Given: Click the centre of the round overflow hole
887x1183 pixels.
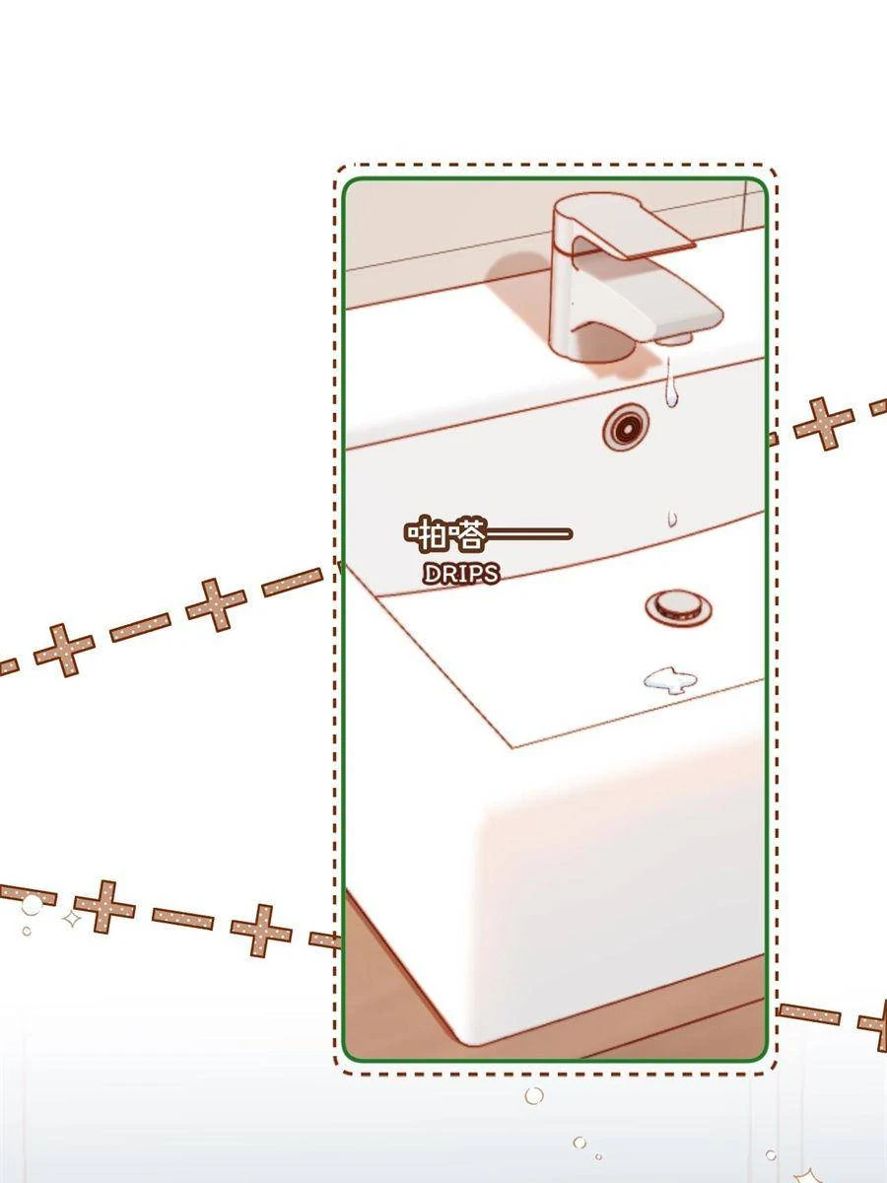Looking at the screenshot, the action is tap(626, 428).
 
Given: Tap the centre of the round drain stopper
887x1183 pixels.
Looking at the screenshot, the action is tap(678, 607).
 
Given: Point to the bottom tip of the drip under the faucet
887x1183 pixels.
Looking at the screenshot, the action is tap(671, 407).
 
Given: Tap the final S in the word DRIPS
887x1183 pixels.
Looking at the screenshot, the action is tap(490, 575).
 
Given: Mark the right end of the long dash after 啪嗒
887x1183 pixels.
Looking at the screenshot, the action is tap(572, 533).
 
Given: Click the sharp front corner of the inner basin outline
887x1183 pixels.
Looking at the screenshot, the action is tap(512, 748).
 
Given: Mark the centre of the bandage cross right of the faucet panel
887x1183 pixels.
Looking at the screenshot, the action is tap(824, 424).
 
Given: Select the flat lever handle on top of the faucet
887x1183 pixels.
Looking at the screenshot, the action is tap(635, 229).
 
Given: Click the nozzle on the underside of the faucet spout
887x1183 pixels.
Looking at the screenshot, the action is tap(674, 338).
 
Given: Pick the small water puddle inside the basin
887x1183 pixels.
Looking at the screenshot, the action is tap(670, 680).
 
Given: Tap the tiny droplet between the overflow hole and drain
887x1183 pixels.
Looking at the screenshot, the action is tap(672, 518).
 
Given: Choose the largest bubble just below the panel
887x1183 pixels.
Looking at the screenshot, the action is tap(534, 1095).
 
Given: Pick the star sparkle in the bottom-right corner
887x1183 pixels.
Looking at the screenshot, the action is tap(807, 1173).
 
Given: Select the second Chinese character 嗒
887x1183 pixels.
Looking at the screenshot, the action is tap(466, 533).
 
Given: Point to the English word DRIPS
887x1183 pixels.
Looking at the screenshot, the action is tap(461, 575).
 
